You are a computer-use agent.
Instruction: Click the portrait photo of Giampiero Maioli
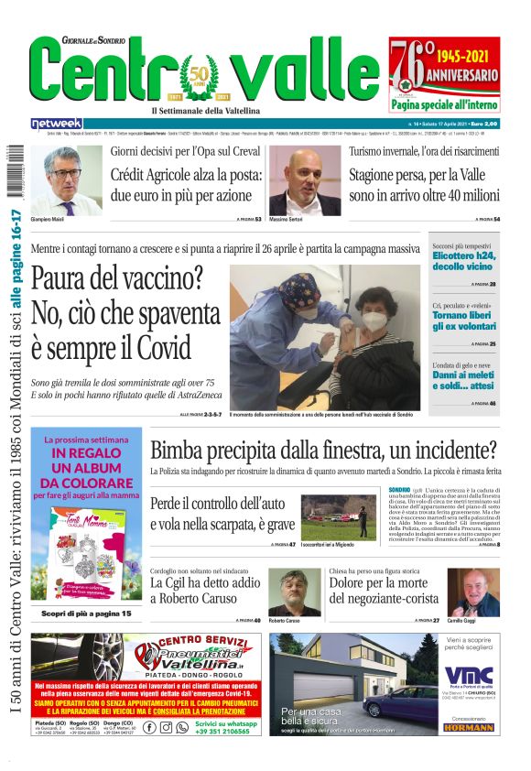click(x=72, y=180)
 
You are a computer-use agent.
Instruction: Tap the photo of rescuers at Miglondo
click(x=339, y=517)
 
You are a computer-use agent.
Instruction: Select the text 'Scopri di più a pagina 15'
click(x=85, y=613)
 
